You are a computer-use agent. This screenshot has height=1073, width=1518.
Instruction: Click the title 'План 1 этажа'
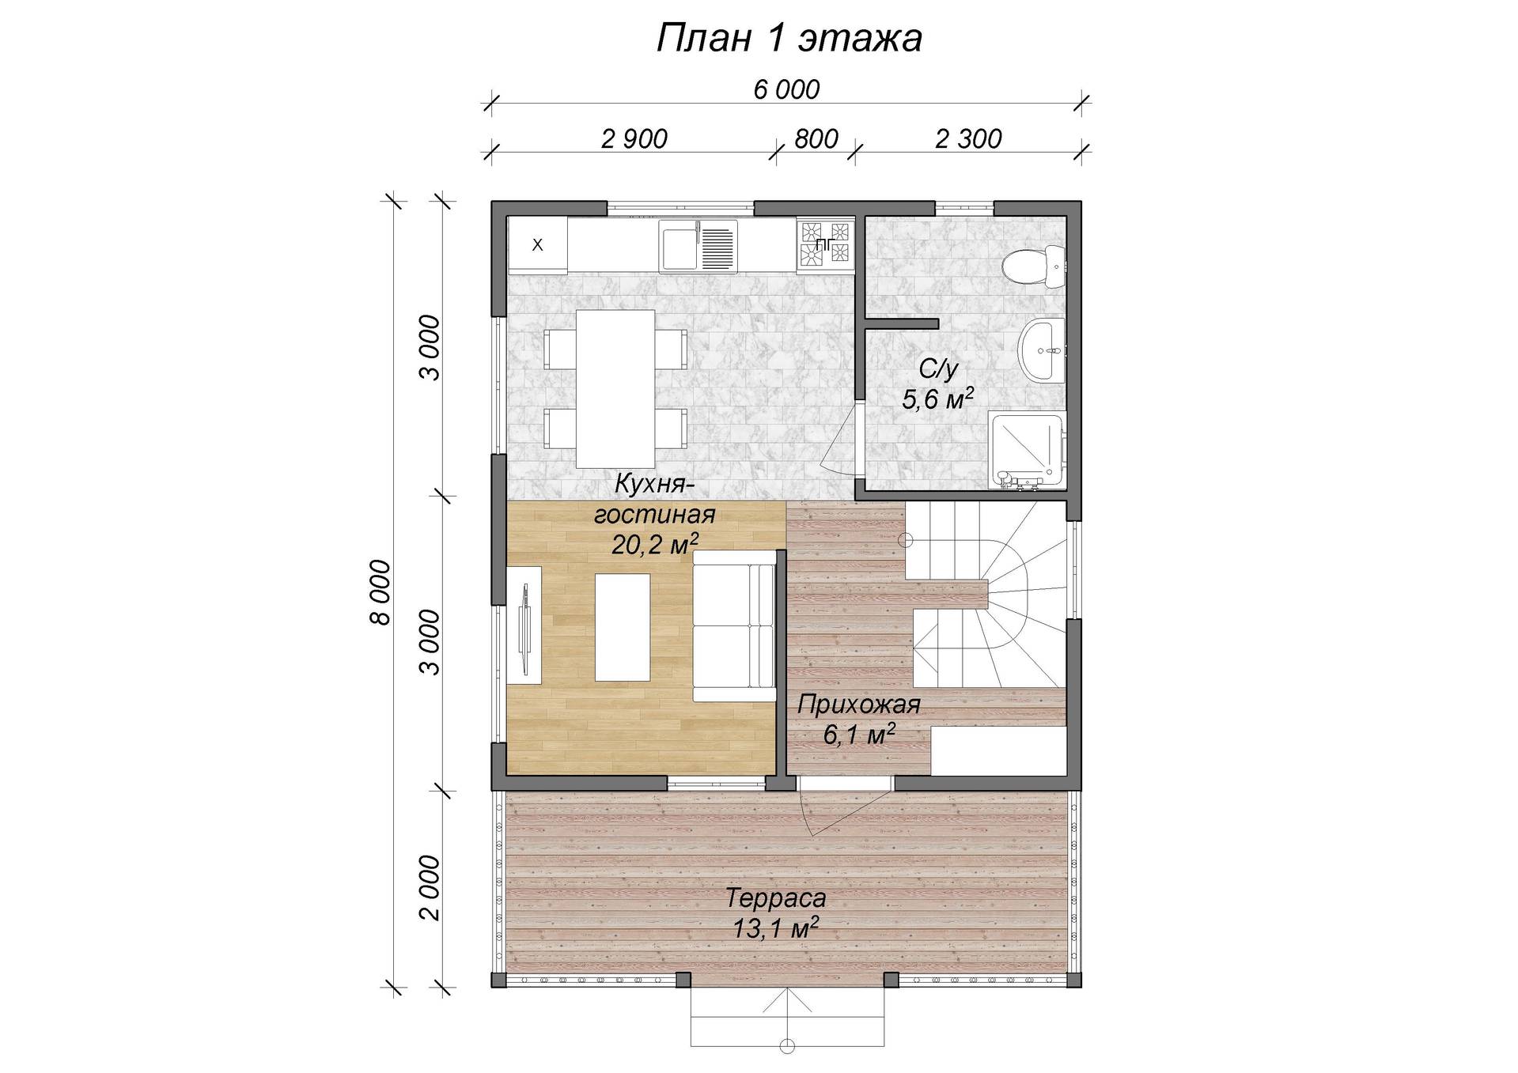(x=789, y=39)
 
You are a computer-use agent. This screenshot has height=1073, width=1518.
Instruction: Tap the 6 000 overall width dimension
(x=786, y=89)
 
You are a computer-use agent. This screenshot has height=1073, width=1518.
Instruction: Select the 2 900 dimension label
(x=634, y=138)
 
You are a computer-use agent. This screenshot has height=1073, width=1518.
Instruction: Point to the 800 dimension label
(x=816, y=138)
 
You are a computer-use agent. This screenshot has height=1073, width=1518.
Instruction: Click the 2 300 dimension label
(x=968, y=138)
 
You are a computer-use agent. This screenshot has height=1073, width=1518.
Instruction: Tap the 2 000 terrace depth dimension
(x=428, y=887)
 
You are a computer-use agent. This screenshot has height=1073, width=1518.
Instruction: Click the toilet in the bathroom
(x=1032, y=266)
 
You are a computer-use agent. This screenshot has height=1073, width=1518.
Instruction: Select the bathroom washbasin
(x=1043, y=350)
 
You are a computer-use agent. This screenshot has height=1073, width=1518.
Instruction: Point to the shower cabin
(x=1028, y=451)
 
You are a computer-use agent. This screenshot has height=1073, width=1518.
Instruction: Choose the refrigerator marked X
(x=537, y=245)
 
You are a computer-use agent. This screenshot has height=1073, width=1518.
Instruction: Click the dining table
(x=615, y=389)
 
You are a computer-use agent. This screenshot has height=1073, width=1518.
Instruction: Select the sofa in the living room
(x=734, y=626)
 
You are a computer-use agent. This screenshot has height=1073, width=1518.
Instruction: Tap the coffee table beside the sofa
(x=623, y=627)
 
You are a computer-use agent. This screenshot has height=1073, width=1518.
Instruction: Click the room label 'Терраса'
(x=776, y=898)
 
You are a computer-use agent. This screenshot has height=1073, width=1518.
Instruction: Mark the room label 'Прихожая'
(x=859, y=705)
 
